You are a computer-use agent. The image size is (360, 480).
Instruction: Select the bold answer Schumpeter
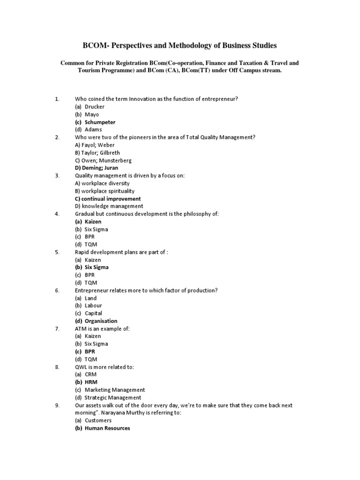click(x=100, y=122)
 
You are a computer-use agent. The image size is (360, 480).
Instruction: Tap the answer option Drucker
click(x=95, y=107)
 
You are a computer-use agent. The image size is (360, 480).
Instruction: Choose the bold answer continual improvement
click(x=108, y=198)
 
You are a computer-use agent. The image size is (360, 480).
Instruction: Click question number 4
click(x=57, y=214)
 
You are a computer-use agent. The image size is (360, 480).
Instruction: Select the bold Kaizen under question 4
click(x=93, y=221)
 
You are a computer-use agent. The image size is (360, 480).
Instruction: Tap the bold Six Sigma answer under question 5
click(x=97, y=267)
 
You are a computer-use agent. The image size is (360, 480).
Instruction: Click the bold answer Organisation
click(x=101, y=321)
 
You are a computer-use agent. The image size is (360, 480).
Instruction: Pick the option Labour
click(x=93, y=306)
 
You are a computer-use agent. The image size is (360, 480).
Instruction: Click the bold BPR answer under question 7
click(x=90, y=352)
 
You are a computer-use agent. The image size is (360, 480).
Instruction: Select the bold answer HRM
click(x=91, y=382)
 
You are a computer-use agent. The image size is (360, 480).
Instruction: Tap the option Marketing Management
click(x=115, y=390)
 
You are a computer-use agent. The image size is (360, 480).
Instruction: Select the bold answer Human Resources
click(x=107, y=428)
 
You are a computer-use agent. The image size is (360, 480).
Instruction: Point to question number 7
click(x=57, y=329)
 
